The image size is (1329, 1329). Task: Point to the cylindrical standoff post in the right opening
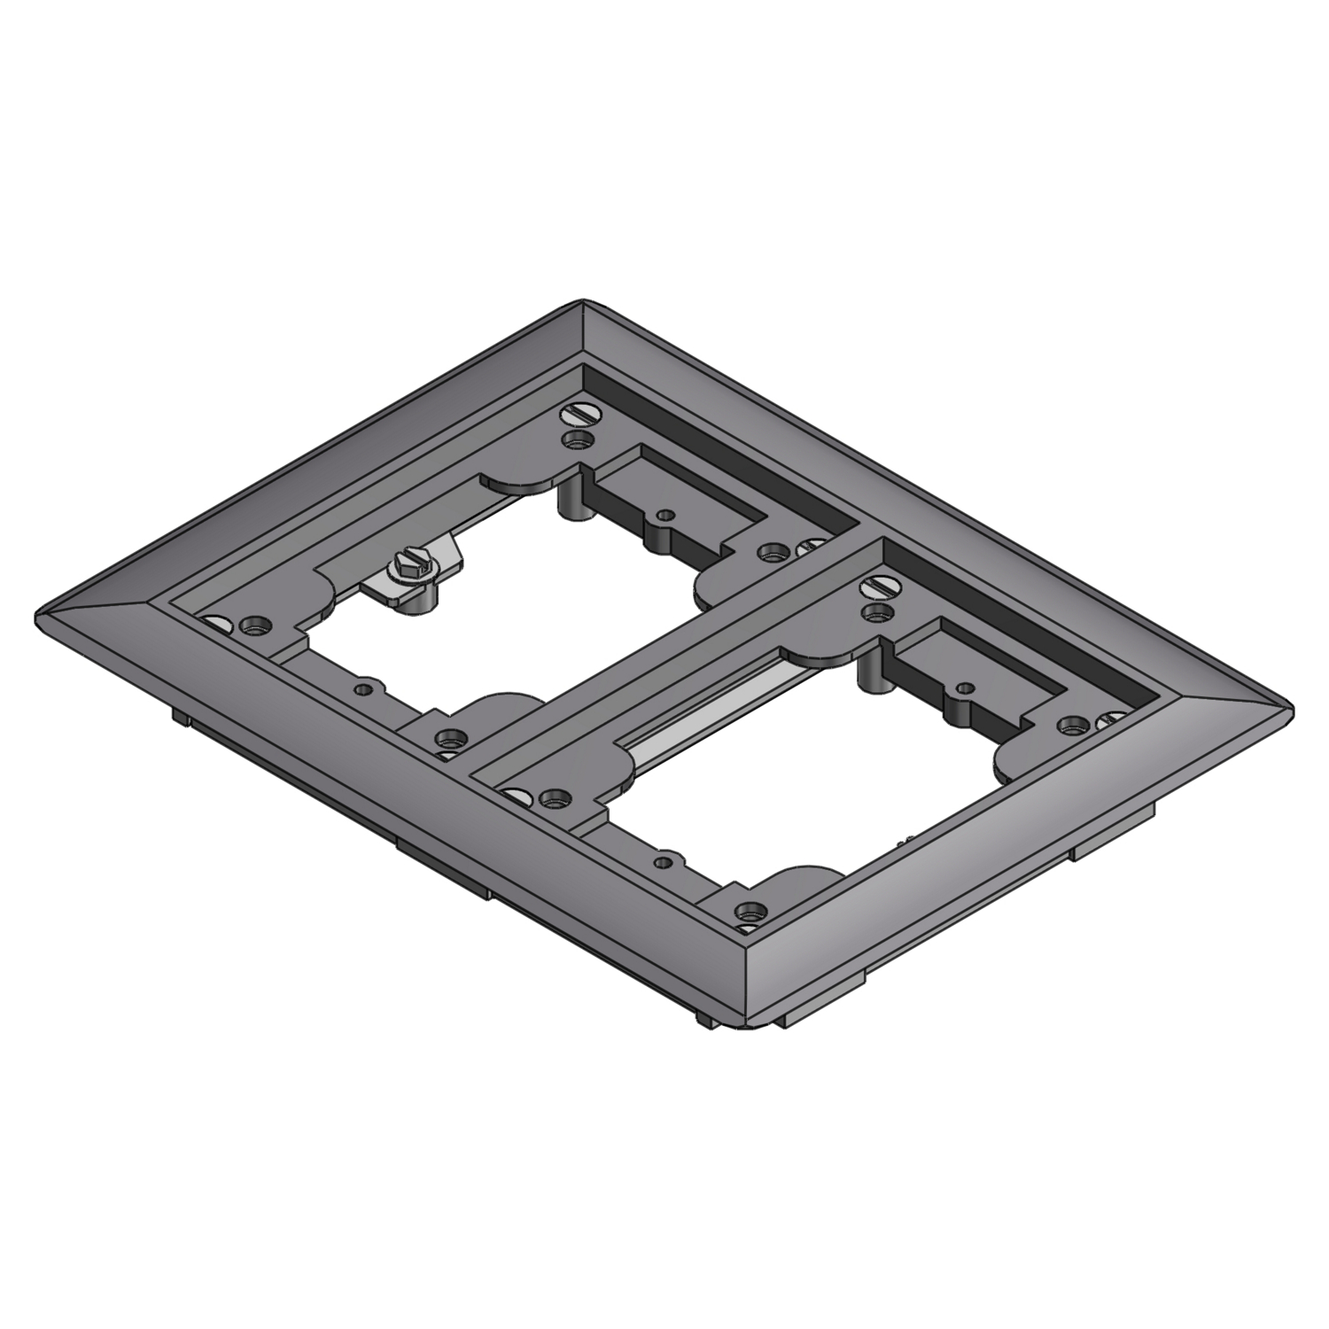[x=872, y=676]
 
